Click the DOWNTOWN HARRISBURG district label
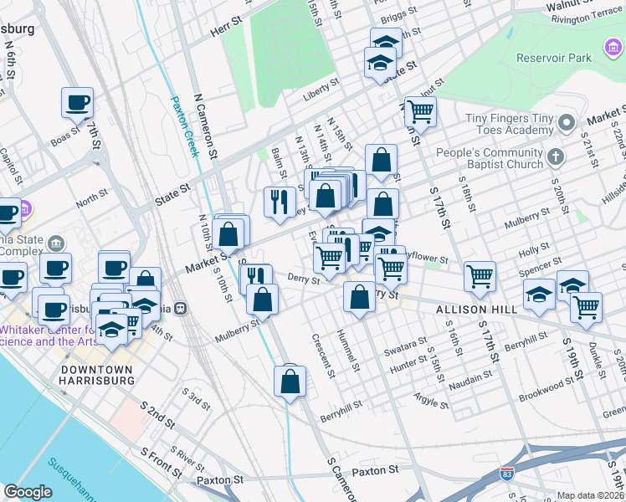pyautogui.click(x=97, y=375)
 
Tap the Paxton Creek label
pyautogui.click(x=184, y=125)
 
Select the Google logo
pyautogui.click(x=28, y=491)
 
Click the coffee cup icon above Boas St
pyautogui.click(x=77, y=103)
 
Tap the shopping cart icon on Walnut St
pyautogui.click(x=419, y=110)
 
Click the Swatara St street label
pyautogui.click(x=401, y=345)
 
